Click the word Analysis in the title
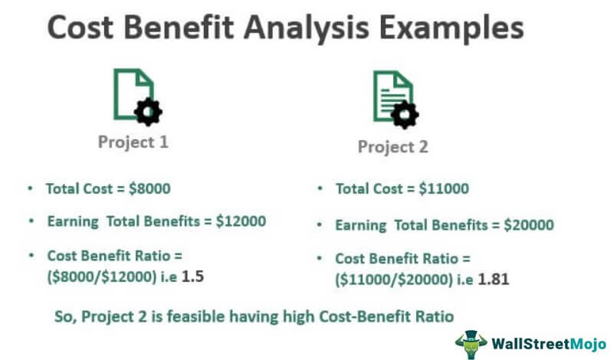[306, 28]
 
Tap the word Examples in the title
[451, 28]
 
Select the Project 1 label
[133, 142]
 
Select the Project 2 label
[393, 147]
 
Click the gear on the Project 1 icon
[148, 112]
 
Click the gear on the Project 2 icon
[405, 115]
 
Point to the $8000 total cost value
[149, 188]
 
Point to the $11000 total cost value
[444, 188]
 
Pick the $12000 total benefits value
[241, 221]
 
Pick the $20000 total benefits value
[529, 224]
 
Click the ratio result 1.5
[192, 277]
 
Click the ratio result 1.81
[494, 279]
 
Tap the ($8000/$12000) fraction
[102, 277]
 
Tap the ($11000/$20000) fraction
[394, 280]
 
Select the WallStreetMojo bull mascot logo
[471, 344]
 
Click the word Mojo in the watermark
[588, 344]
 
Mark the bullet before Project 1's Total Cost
[31, 188]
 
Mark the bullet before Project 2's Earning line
[320, 224]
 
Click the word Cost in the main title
[80, 28]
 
